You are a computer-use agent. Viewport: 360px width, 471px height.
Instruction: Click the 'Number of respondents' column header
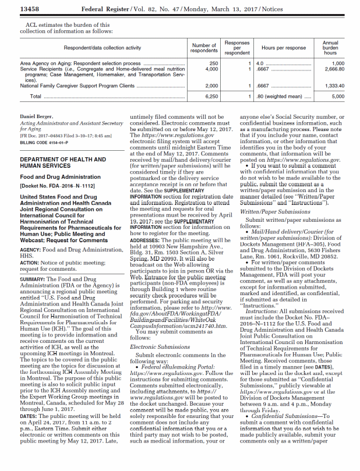[x=204, y=48]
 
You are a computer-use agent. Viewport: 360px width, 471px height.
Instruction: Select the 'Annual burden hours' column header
[x=330, y=48]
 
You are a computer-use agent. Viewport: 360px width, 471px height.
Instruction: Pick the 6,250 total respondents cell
[x=212, y=96]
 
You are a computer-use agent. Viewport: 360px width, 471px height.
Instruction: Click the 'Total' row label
[x=36, y=96]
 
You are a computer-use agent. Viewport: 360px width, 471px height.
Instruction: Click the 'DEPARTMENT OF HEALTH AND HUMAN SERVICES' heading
[x=62, y=162]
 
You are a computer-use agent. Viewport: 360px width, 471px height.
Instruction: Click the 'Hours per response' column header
[x=284, y=48]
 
